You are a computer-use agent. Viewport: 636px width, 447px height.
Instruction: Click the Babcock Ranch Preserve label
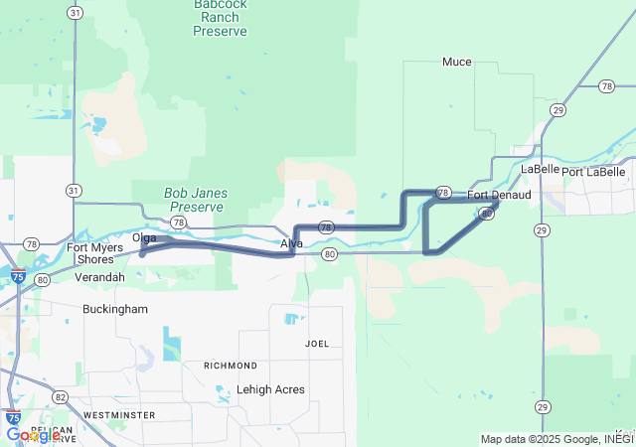[x=220, y=18]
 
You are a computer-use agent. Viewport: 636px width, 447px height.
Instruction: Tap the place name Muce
[x=456, y=62]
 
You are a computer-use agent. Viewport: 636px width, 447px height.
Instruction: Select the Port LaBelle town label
[x=593, y=172]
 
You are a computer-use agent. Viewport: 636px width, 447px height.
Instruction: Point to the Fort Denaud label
[x=499, y=195]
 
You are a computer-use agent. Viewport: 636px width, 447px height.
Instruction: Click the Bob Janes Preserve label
[x=196, y=200]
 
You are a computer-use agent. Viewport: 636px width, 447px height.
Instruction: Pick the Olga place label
[x=144, y=238]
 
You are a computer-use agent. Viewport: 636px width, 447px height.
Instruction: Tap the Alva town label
[x=291, y=243]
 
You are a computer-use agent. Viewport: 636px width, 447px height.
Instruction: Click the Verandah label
[x=99, y=277]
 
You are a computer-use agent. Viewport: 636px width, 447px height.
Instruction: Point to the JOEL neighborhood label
[x=317, y=344]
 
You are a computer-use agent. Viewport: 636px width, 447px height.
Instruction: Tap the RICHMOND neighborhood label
[x=231, y=366]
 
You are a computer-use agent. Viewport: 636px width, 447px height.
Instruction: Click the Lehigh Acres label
[x=270, y=389]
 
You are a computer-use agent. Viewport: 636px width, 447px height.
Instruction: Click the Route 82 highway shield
[x=62, y=396]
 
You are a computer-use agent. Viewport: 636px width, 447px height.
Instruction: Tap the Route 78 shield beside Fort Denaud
[x=443, y=192]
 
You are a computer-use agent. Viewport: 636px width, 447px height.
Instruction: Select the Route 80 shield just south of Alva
[x=330, y=254]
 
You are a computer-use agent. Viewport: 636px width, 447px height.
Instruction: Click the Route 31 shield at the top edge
[x=76, y=12]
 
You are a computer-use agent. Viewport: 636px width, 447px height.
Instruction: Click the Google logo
[x=33, y=435]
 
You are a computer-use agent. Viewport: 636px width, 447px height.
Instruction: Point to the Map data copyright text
[x=556, y=439]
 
